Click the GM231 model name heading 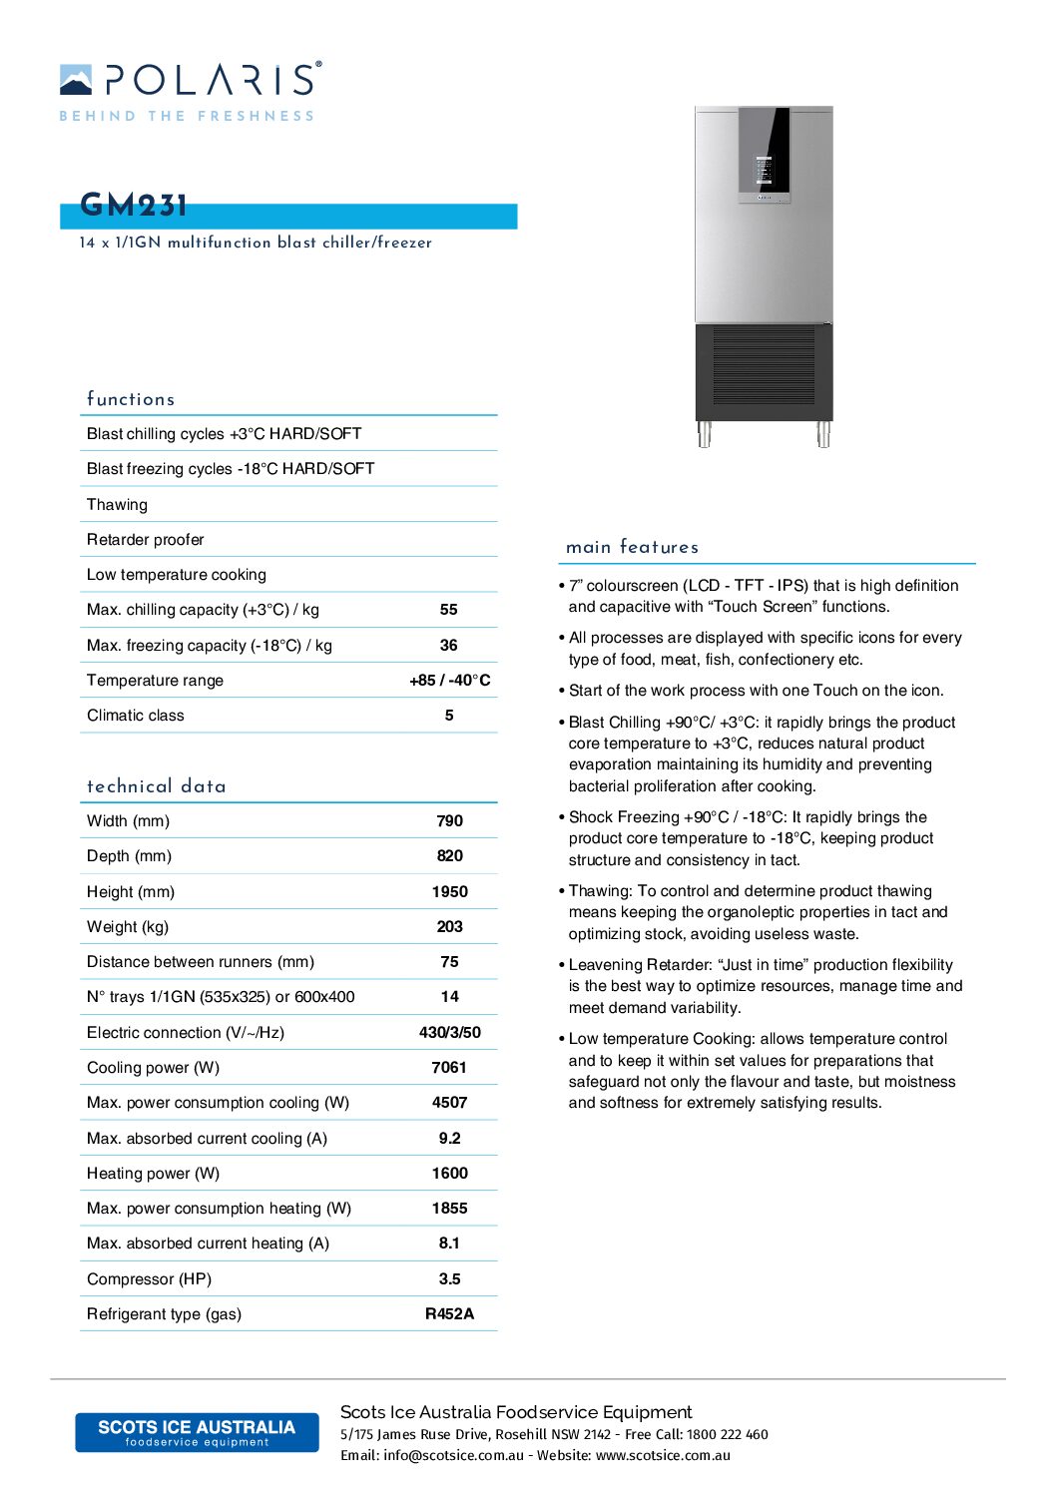(x=134, y=206)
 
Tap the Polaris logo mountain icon (x=76, y=80)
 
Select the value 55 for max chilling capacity (x=449, y=610)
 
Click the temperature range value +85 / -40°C (x=450, y=681)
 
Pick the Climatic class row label (x=136, y=716)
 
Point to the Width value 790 (x=450, y=821)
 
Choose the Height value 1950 (x=450, y=892)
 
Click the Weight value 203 (x=450, y=927)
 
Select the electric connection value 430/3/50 (x=450, y=1033)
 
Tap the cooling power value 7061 (x=449, y=1068)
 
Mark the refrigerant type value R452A (x=450, y=1314)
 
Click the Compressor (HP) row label (x=149, y=1279)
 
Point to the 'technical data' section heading (x=157, y=786)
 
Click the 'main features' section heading (x=632, y=547)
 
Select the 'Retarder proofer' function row (x=146, y=540)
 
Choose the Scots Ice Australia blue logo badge (x=197, y=1432)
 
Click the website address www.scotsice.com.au (x=663, y=1456)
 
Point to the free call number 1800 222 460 (x=728, y=1435)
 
